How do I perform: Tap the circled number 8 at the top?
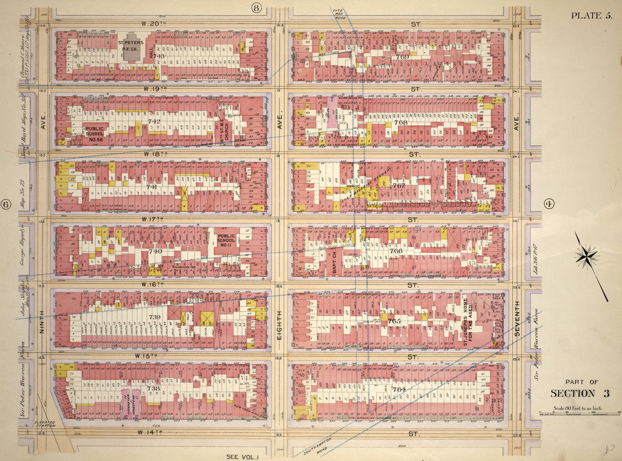[256, 8]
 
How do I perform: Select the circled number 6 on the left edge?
[7, 205]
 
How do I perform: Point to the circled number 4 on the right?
[550, 204]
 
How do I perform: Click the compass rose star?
[586, 256]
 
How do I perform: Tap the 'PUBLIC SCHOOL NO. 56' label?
[96, 134]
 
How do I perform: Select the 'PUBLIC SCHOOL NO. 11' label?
[226, 241]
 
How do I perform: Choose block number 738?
[154, 388]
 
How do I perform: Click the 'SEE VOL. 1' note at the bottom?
[241, 456]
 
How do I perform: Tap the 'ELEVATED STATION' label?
[44, 425]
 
